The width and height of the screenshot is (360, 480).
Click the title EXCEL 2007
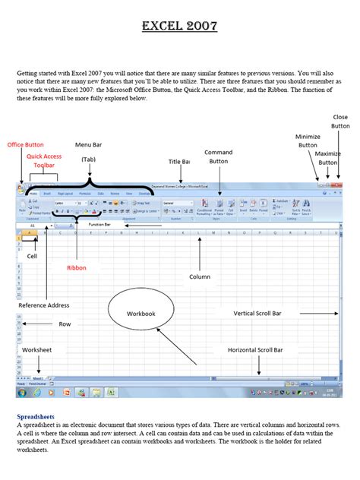179,27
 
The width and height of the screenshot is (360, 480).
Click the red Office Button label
26,144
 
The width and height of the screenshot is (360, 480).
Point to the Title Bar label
179,162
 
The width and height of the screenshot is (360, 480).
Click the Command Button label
219,156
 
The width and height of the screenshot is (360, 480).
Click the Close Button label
340,122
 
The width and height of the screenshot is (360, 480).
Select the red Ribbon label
77,267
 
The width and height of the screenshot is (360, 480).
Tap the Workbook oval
141,313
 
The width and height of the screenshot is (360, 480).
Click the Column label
200,276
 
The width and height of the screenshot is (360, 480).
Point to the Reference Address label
39,305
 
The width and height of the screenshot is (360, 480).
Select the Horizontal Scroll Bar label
255,350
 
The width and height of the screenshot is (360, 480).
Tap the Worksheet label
36,349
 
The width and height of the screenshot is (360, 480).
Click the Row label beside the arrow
65,324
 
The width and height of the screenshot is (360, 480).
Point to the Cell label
32,256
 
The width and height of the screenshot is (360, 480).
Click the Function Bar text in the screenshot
99,225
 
